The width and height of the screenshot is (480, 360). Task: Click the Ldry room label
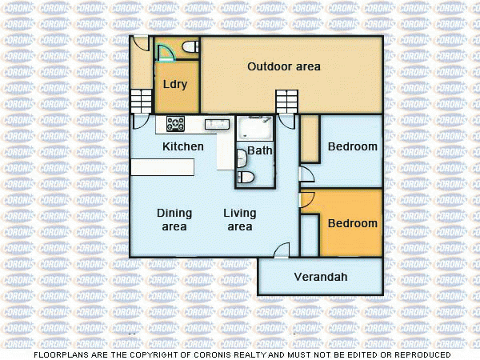(175, 84)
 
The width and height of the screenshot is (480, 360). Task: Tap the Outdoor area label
(283, 66)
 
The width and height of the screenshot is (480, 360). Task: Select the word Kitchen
(183, 146)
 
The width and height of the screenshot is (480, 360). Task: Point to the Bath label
(259, 150)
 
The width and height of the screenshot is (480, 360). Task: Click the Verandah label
(321, 277)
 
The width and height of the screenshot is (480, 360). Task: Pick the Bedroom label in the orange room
(352, 223)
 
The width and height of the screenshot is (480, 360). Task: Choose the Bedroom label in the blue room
(352, 146)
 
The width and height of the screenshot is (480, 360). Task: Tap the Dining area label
(174, 220)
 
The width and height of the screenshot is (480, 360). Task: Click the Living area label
(239, 220)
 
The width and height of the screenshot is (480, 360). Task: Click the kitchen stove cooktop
(175, 123)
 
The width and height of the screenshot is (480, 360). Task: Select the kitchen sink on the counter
(217, 123)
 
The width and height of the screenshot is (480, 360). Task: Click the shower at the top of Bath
(255, 128)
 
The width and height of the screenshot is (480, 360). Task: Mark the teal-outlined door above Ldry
(166, 54)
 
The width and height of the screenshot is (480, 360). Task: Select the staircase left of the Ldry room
(142, 101)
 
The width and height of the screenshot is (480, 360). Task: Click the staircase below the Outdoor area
(286, 102)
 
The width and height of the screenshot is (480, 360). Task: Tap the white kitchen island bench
(163, 166)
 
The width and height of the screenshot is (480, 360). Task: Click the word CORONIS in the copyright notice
(241, 354)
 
